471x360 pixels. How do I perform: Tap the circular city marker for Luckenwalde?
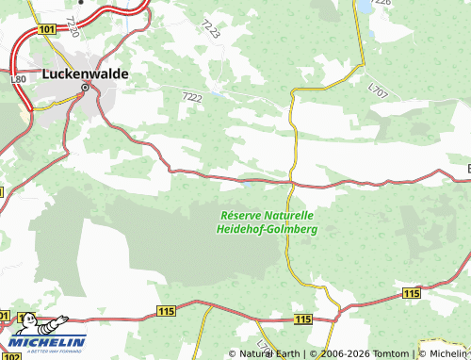point(85,89)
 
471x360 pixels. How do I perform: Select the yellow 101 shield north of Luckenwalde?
point(49,30)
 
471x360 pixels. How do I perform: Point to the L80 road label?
point(17,80)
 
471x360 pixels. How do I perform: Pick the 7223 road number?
point(211,28)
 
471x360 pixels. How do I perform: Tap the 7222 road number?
point(192,96)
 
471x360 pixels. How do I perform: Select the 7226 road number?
point(381,3)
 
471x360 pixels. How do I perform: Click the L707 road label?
point(378,91)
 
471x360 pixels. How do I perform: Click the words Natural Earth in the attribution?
point(269,353)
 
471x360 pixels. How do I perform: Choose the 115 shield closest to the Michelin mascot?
point(167,310)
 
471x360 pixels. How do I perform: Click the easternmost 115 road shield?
point(411,295)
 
